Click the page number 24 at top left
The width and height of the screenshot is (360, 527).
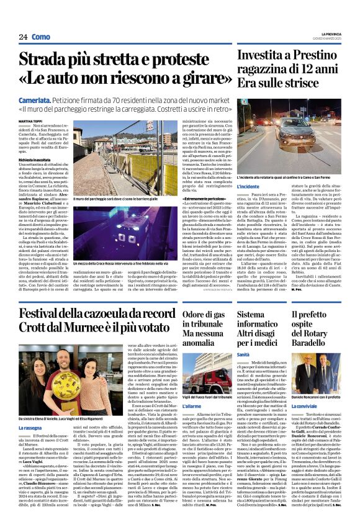23,37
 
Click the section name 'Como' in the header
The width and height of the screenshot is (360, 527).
41,37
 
